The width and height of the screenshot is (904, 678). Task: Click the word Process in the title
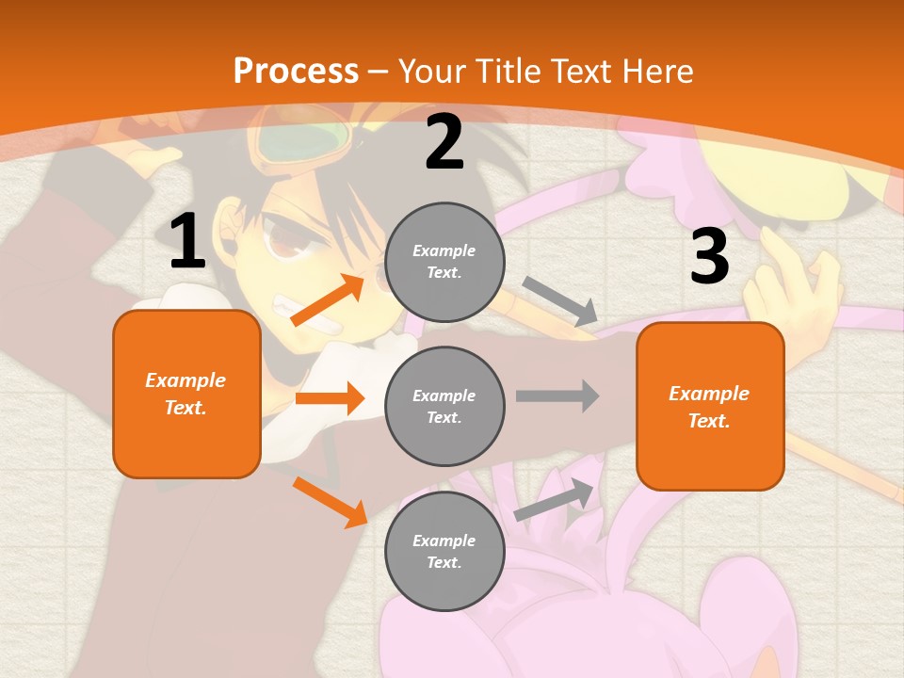tap(296, 71)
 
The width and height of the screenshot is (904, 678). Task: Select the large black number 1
tap(187, 242)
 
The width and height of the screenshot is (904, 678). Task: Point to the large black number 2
tap(444, 143)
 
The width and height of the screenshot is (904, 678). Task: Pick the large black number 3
tap(709, 256)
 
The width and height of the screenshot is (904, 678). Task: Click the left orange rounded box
tap(186, 394)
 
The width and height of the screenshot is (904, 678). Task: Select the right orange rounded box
tap(710, 407)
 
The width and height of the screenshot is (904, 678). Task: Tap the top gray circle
tap(444, 262)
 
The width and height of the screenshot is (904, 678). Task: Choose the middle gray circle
tap(444, 406)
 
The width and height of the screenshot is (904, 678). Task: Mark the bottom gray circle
tap(444, 551)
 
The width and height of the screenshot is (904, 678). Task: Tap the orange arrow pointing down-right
tap(330, 501)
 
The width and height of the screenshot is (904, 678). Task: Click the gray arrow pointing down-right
tap(559, 300)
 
